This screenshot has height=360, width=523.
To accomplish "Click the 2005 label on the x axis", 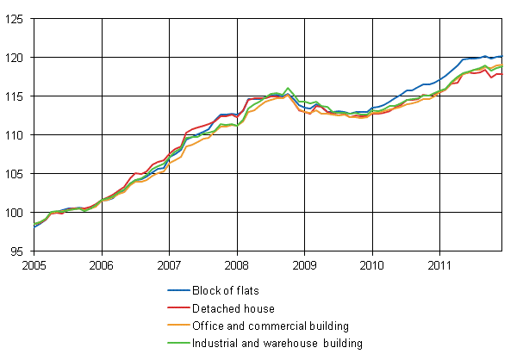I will pos(34,264).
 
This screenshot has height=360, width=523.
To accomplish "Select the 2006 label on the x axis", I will pos(102,264).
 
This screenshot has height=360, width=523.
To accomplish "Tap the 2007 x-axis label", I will pos(170,264).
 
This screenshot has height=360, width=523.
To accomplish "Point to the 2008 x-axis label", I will pos(237,264).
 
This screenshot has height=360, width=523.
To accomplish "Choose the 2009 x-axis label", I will pos(305,264).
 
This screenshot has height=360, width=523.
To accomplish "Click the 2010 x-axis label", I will pos(372,264).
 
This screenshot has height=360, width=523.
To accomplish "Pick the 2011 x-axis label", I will pos(440,264).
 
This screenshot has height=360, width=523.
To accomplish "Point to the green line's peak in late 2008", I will pos(288,88).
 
